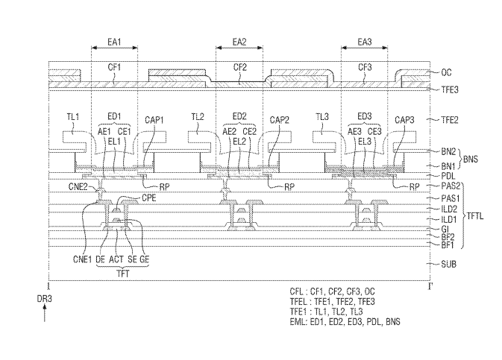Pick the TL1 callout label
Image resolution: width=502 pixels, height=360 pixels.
tap(72, 117)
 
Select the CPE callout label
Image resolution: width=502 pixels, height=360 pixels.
tap(149, 198)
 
